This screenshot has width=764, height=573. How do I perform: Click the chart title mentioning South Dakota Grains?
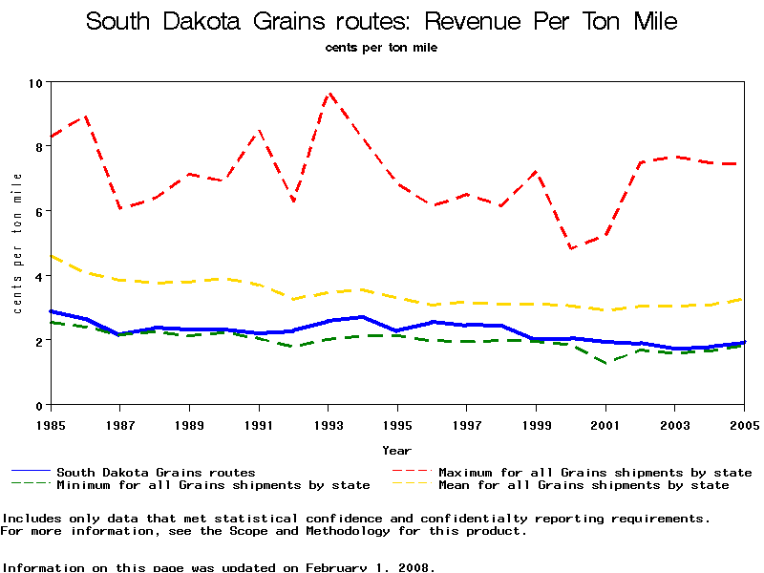tap(382, 21)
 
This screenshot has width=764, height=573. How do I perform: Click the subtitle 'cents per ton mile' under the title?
tap(382, 47)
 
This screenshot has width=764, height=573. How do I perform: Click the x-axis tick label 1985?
tap(50, 423)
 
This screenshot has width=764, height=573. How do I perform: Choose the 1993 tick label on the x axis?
tap(328, 423)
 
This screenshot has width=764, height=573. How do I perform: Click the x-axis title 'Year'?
tap(397, 450)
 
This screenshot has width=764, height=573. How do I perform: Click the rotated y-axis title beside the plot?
tap(17, 244)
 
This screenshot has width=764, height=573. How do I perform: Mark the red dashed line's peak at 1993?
tap(329, 93)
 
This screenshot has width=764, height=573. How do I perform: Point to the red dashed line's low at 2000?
tap(571, 248)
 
